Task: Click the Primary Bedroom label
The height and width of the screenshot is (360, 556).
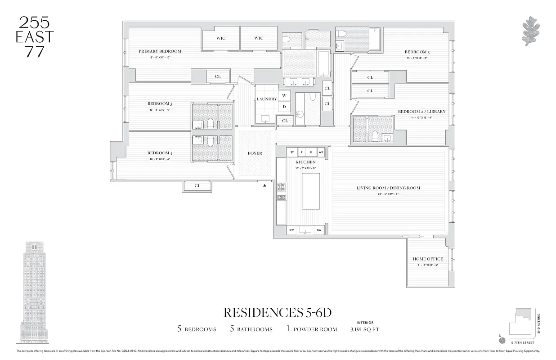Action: click(160, 51)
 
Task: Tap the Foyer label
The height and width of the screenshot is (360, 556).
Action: click(255, 153)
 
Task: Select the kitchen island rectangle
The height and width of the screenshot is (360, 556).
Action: click(310, 191)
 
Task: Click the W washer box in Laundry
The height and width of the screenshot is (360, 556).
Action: click(284, 95)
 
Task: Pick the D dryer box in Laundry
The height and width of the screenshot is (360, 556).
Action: click(284, 107)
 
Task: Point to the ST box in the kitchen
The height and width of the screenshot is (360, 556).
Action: click(292, 152)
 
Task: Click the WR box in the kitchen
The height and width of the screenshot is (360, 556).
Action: click(321, 152)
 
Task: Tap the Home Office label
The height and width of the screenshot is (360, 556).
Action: click(428, 259)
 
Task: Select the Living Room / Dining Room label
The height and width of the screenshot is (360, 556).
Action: click(388, 188)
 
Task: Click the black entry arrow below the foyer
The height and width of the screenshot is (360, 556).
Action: click(265, 185)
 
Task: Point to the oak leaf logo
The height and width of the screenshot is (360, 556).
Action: click(533, 31)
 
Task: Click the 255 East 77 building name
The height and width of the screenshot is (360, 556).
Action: click(35, 36)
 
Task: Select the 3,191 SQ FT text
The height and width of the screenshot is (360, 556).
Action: click(365, 329)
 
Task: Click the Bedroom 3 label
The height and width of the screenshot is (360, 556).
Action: click(417, 52)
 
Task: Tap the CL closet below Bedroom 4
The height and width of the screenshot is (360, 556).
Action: click(197, 186)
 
